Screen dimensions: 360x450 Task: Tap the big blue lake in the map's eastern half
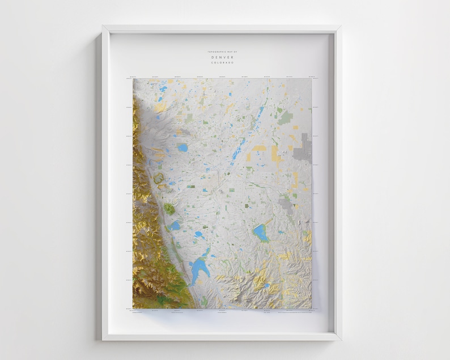(261, 232)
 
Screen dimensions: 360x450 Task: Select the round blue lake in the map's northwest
(182, 148)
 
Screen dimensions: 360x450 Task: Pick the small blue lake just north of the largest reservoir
(199, 234)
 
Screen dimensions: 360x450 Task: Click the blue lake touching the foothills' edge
(176, 226)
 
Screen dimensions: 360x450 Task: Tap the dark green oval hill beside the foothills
(169, 208)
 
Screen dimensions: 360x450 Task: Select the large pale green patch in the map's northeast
(286, 117)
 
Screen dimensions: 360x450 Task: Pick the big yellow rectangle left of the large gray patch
(276, 154)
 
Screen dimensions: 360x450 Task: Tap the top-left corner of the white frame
(103, 26)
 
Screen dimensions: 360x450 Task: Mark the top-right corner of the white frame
(340, 26)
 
